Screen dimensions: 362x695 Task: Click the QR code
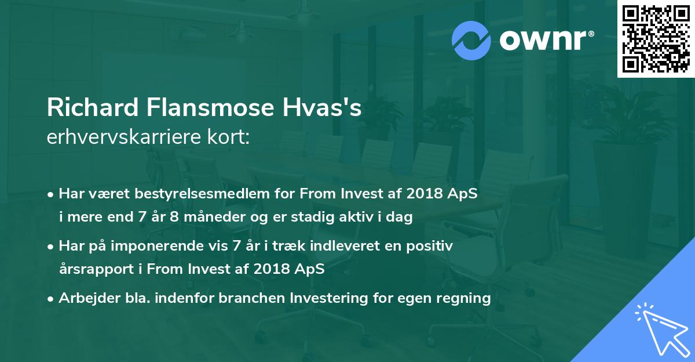tap(656, 39)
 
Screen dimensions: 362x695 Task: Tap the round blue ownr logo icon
tap(471, 39)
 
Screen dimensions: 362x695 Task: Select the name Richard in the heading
tap(92, 109)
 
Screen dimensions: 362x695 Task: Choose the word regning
tap(464, 298)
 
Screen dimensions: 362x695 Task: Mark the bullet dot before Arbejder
tap(51, 299)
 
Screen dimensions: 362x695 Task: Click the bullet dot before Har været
tap(51, 194)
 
